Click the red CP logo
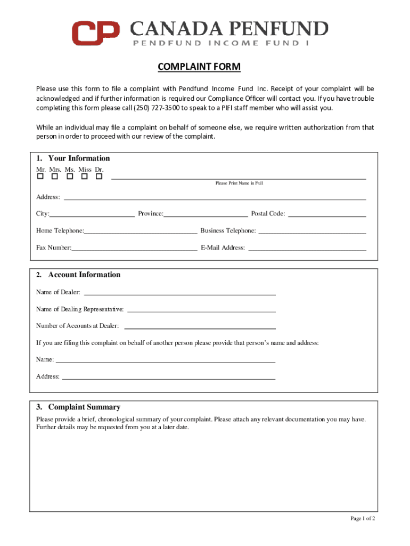coord(96,33)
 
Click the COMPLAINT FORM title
coord(199,67)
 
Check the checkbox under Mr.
coord(40,176)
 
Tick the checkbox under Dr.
coord(99,176)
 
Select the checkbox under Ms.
coord(69,176)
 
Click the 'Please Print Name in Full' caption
coord(239,183)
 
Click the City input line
coord(92,216)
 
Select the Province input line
coord(206,216)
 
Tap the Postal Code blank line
coord(327,216)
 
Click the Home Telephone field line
coord(141,233)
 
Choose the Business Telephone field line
coord(312,233)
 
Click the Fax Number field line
coord(134,250)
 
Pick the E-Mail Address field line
coord(307,250)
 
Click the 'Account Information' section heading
coord(84,275)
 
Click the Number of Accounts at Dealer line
coord(200,328)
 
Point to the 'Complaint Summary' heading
coord(84,407)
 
